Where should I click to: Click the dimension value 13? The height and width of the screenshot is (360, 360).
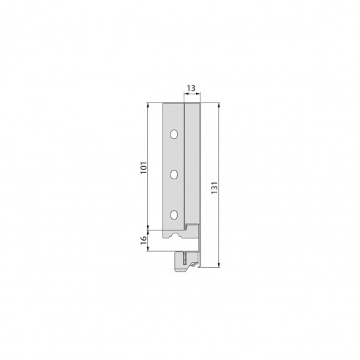pyautogui.click(x=191, y=88)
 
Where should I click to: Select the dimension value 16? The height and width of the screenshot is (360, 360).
pyautogui.click(x=143, y=239)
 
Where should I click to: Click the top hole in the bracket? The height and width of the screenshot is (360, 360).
pyautogui.click(x=175, y=134)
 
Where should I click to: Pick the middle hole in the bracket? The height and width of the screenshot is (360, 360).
pyautogui.click(x=175, y=174)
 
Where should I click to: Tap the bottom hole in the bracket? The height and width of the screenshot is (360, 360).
pyautogui.click(x=175, y=214)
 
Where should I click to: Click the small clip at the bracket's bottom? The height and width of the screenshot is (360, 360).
pyautogui.click(x=187, y=260)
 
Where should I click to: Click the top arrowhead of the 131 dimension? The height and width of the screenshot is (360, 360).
pyautogui.click(x=217, y=106)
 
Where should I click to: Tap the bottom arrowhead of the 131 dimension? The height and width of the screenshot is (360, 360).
pyautogui.click(x=217, y=267)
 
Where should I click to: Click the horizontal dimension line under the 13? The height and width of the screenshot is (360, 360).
pyautogui.click(x=191, y=94)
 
